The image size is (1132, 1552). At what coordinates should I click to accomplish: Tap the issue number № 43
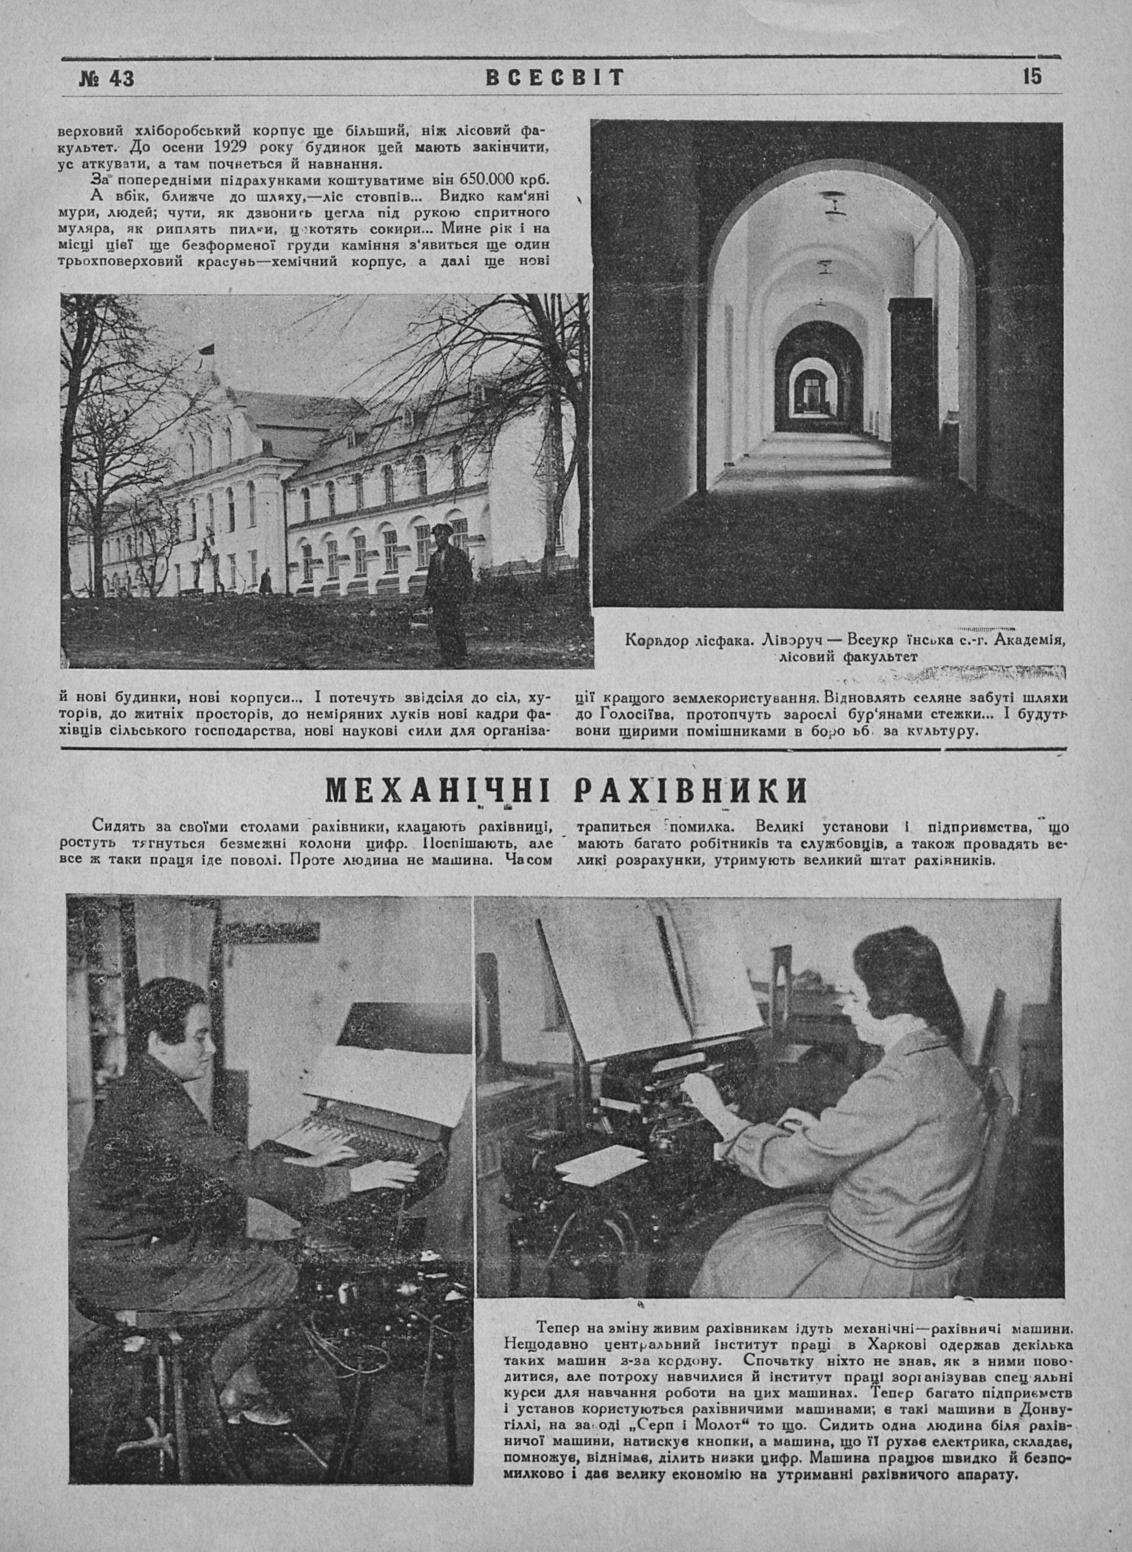pyautogui.click(x=106, y=79)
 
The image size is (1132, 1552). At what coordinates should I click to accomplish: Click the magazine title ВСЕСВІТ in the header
pyautogui.click(x=555, y=78)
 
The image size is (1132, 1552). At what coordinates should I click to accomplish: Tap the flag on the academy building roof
pyautogui.click(x=204, y=352)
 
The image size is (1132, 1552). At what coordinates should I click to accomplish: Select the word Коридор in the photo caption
pyautogui.click(x=657, y=641)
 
